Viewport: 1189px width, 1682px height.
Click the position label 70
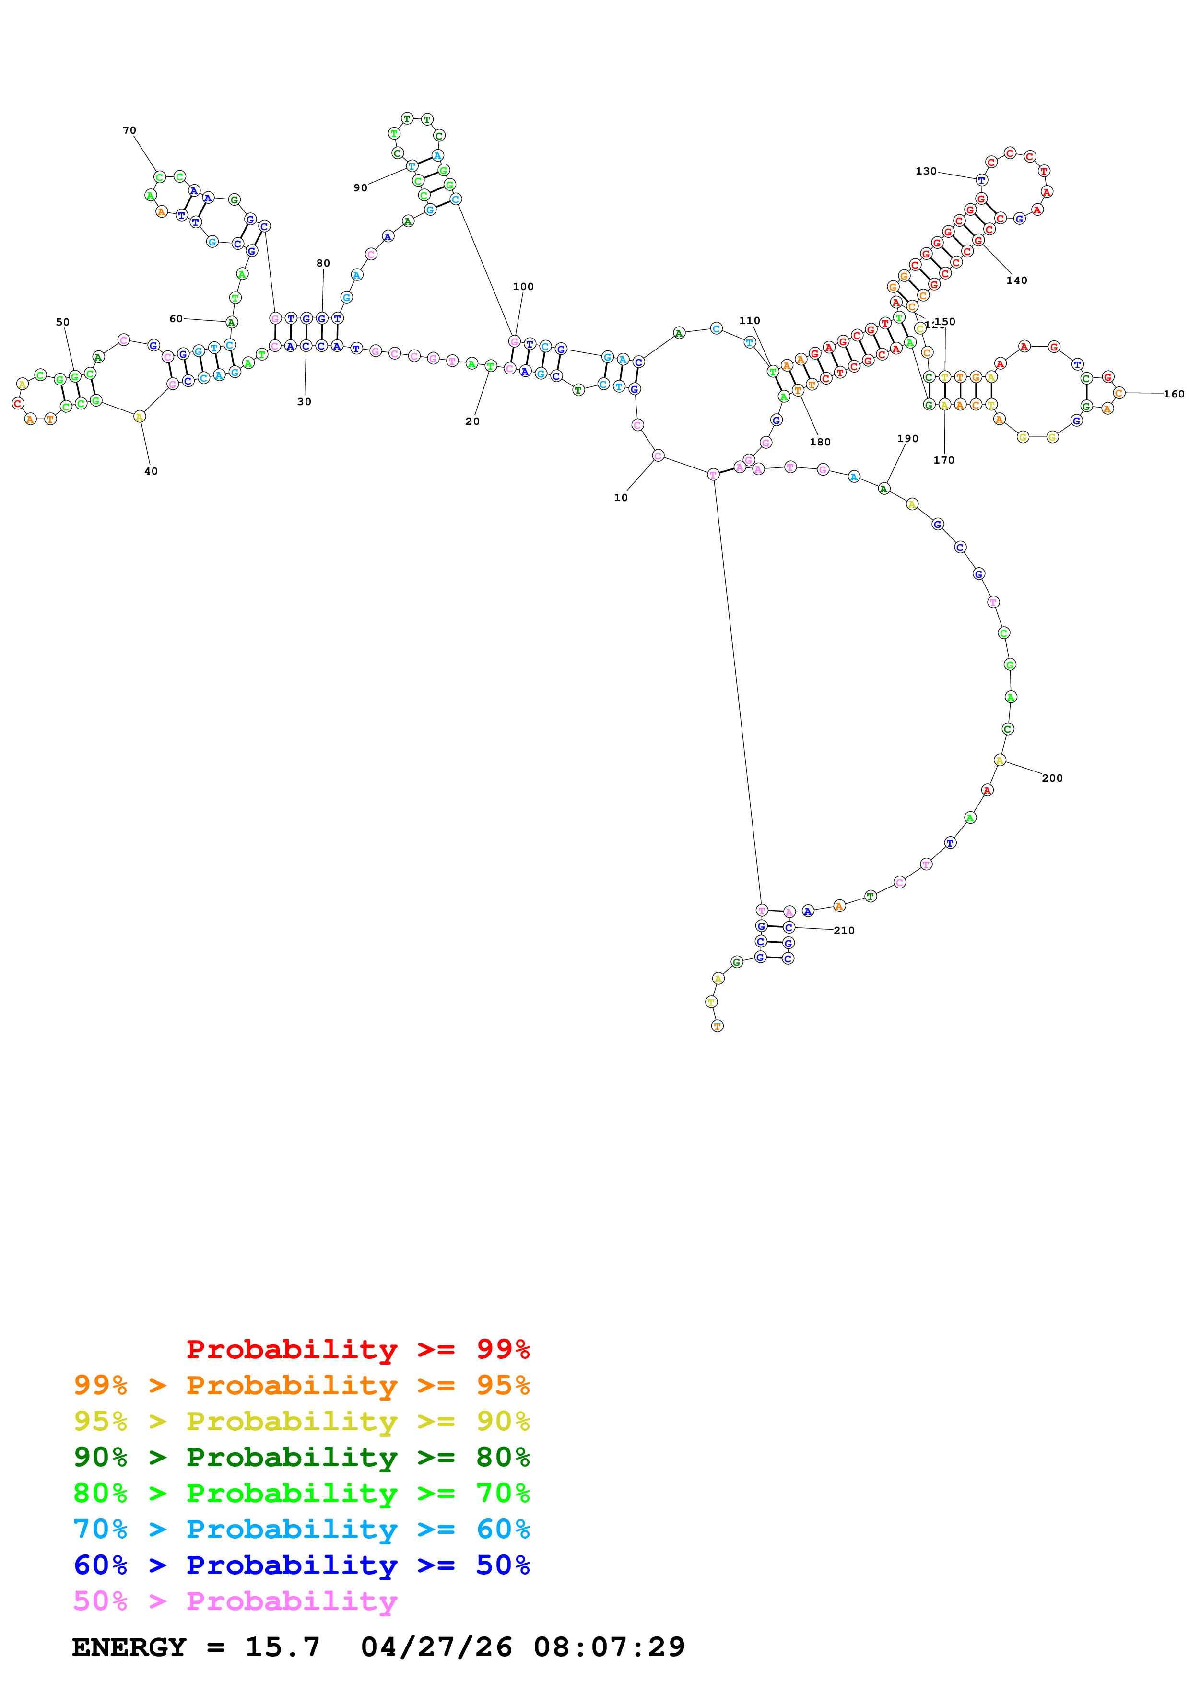pyautogui.click(x=129, y=130)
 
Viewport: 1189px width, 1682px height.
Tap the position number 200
pyautogui.click(x=1051, y=778)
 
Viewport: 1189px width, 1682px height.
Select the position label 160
pyautogui.click(x=1174, y=394)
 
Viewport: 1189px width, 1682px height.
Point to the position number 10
pyautogui.click(x=621, y=497)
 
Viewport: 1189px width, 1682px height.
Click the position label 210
pyautogui.click(x=844, y=930)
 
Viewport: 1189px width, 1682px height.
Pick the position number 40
pyautogui.click(x=151, y=471)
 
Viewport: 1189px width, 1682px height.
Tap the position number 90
pyautogui.click(x=360, y=187)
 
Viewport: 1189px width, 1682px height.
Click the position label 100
pyautogui.click(x=523, y=286)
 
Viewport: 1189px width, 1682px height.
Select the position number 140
pyautogui.click(x=1016, y=280)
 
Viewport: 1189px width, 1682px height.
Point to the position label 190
pyautogui.click(x=907, y=439)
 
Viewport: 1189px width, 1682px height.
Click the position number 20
pyautogui.click(x=472, y=421)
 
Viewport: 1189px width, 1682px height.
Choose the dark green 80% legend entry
pyautogui.click(x=302, y=1457)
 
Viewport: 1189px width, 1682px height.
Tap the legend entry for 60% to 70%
pyautogui.click(x=302, y=1530)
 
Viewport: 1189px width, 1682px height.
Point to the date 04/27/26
pyautogui.click(x=436, y=1647)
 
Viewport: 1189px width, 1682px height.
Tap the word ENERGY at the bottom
pyautogui.click(x=129, y=1647)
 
